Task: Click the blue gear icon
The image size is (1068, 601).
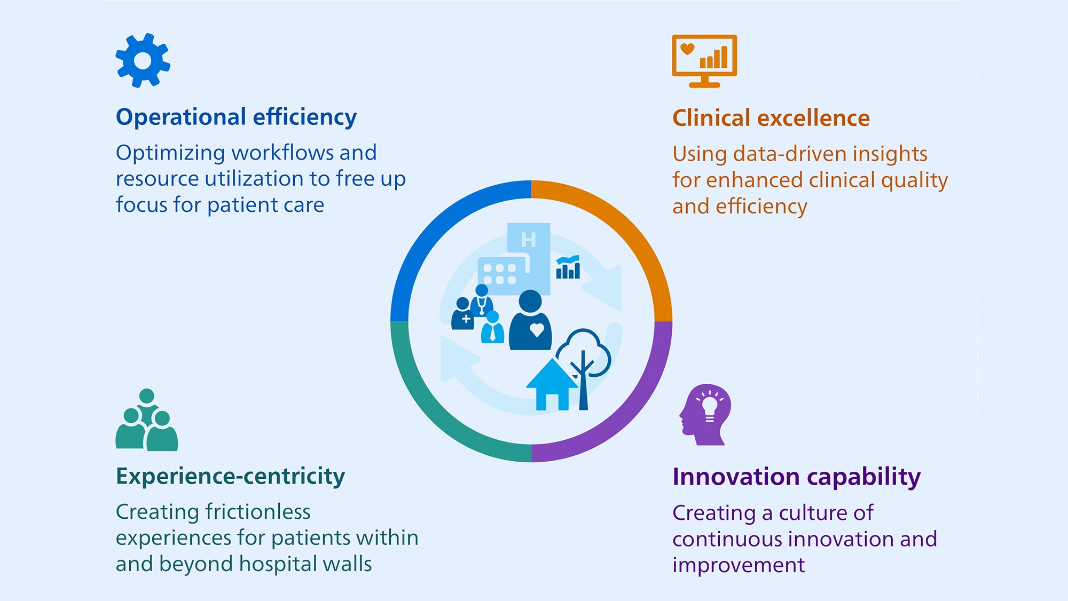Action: pyautogui.click(x=143, y=60)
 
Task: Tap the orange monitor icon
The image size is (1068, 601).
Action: pyautogui.click(x=704, y=60)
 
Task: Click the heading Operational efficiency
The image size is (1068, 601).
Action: pyautogui.click(x=236, y=117)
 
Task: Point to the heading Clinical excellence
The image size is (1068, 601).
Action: pyautogui.click(x=771, y=118)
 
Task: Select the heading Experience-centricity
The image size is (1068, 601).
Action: pyautogui.click(x=230, y=476)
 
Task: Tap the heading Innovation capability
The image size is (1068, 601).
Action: pyautogui.click(x=796, y=477)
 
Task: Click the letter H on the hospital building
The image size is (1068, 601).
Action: pyautogui.click(x=528, y=240)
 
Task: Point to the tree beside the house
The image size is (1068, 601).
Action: pyautogui.click(x=584, y=363)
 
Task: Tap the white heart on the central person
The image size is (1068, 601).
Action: pyautogui.click(x=537, y=330)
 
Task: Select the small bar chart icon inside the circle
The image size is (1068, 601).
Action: pyautogui.click(x=568, y=267)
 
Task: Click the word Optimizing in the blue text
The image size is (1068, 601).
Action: pyautogui.click(x=171, y=153)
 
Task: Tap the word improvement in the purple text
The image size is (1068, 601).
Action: pyautogui.click(x=738, y=565)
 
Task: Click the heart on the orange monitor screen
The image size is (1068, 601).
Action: pyautogui.click(x=687, y=49)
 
